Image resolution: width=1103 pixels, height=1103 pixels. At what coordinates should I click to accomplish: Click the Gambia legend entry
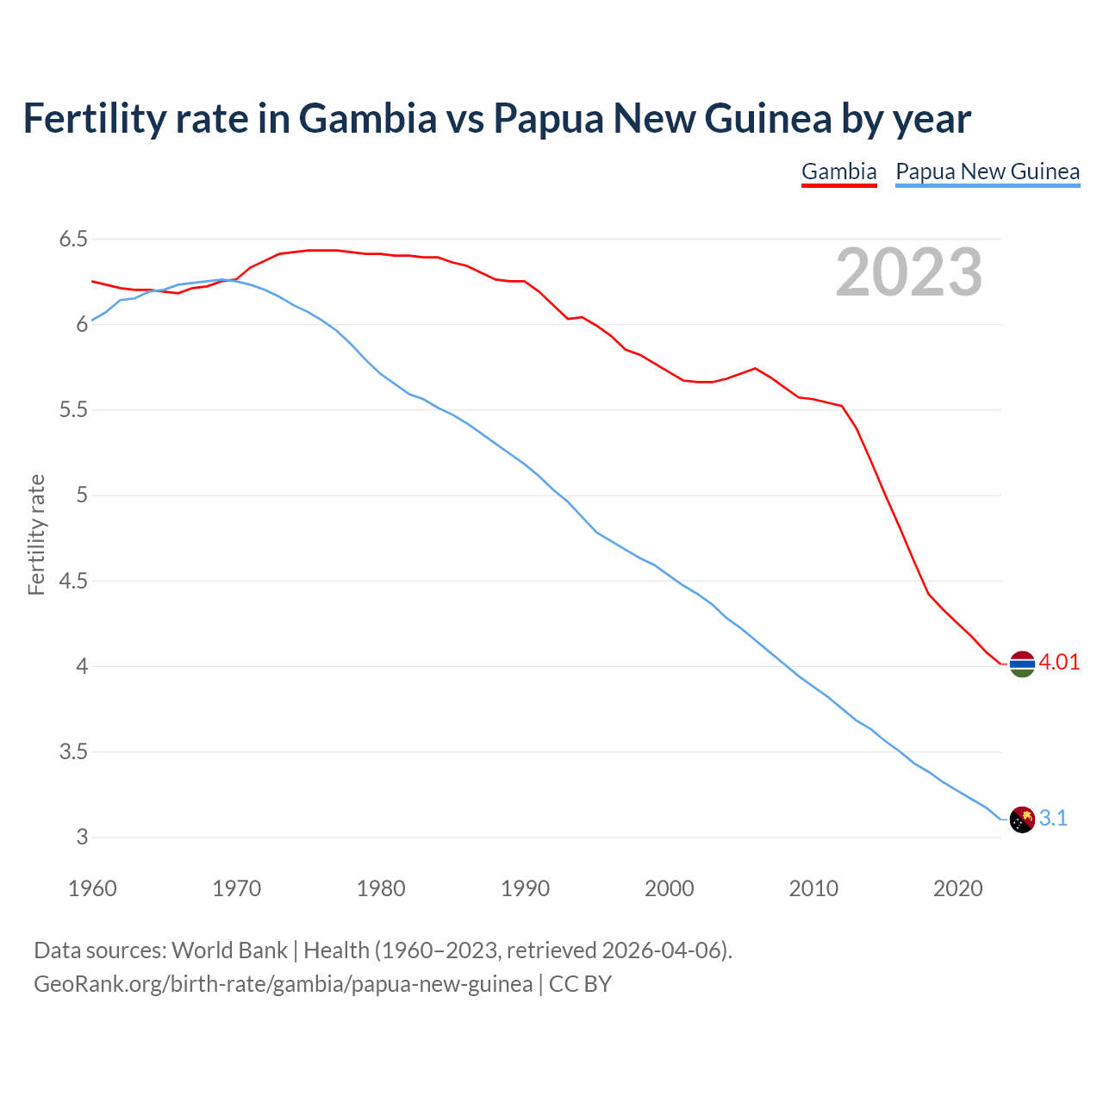(x=838, y=171)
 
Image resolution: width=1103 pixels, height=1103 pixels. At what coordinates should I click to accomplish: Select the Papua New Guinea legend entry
(x=988, y=171)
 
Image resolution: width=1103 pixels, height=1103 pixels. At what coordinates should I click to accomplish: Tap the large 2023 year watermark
(x=908, y=272)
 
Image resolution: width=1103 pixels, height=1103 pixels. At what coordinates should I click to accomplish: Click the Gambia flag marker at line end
(x=1022, y=664)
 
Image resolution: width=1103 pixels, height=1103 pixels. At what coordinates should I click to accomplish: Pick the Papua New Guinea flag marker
(x=1022, y=819)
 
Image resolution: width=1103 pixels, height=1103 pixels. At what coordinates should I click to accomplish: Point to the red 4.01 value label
(x=1059, y=662)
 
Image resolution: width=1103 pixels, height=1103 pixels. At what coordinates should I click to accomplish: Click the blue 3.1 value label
(x=1053, y=818)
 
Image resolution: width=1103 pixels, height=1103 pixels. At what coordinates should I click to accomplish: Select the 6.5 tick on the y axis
(x=73, y=239)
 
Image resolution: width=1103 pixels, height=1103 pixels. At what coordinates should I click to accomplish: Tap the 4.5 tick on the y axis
(x=73, y=581)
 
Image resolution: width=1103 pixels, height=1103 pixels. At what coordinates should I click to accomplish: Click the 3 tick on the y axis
(x=82, y=837)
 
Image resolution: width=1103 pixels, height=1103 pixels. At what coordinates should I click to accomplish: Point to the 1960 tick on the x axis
(x=92, y=888)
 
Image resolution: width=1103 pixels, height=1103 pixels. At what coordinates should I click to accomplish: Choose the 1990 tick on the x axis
(x=525, y=888)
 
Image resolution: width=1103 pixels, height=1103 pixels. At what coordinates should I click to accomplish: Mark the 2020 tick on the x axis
(x=957, y=888)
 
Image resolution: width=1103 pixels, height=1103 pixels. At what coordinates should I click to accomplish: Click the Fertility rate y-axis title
(x=36, y=534)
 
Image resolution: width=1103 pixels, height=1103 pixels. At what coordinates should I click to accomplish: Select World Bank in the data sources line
(x=229, y=950)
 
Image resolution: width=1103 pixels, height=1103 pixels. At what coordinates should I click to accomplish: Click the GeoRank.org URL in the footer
(x=283, y=984)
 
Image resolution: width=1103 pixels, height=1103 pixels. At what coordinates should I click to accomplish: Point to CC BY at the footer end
(x=580, y=984)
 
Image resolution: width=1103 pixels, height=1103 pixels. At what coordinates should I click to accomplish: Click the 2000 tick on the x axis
(x=669, y=888)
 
